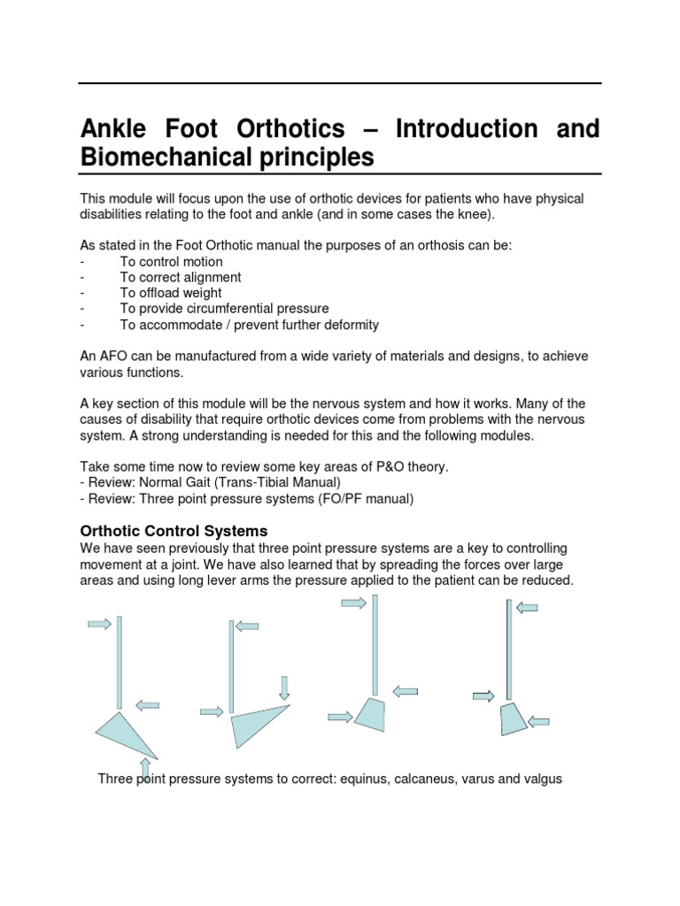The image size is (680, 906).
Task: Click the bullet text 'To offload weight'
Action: (x=171, y=293)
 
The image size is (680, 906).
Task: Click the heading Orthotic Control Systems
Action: (x=174, y=531)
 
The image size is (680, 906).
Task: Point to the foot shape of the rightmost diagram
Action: (x=514, y=718)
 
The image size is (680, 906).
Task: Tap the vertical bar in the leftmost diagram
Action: (x=120, y=662)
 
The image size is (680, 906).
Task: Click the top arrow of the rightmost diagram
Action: (x=528, y=607)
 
